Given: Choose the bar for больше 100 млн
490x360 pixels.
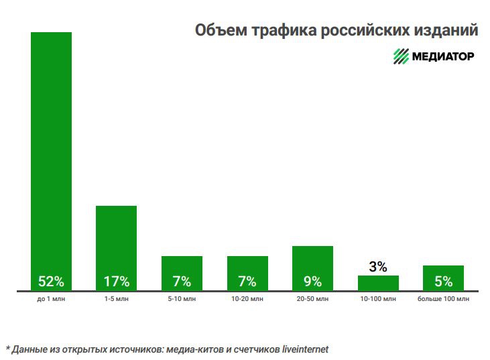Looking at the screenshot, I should click(x=443, y=271).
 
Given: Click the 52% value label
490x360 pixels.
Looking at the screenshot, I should click(x=51, y=281).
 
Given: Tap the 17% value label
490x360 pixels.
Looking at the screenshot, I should click(x=116, y=281).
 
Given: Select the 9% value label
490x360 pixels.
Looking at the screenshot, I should click(x=312, y=281).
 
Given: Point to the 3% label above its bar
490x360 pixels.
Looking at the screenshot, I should click(x=378, y=267).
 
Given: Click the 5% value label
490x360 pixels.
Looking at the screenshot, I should click(x=443, y=281).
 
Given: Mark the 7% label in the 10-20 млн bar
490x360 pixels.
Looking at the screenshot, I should click(x=247, y=281).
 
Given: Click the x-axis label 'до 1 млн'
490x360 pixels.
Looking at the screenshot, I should click(x=51, y=298).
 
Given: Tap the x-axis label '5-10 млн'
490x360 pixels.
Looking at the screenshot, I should click(x=182, y=298).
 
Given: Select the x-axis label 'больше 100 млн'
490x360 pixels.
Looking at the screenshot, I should click(x=443, y=298).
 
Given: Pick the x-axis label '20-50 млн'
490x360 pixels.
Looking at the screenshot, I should click(x=312, y=298).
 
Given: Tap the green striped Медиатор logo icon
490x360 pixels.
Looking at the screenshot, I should click(x=401, y=56).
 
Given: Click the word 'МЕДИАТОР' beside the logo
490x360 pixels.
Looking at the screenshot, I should click(x=444, y=56).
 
